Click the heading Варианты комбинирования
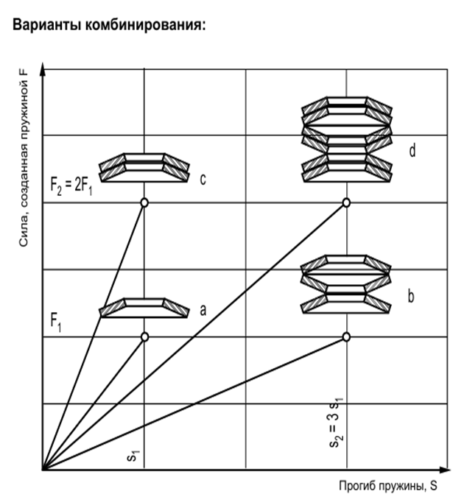(x=109, y=25)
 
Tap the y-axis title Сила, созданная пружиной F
(x=24, y=157)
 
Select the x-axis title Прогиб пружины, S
(x=388, y=485)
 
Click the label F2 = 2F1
(x=71, y=186)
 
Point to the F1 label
(x=56, y=323)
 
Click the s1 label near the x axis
(x=133, y=455)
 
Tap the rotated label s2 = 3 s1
(x=335, y=422)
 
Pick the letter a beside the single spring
(x=203, y=310)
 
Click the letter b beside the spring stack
(x=411, y=296)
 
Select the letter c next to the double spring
(x=203, y=179)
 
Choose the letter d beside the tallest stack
(x=412, y=150)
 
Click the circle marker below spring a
(x=144, y=336)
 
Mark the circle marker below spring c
(x=144, y=202)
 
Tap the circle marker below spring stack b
(x=346, y=336)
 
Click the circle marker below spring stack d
(x=346, y=202)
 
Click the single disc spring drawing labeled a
(x=144, y=308)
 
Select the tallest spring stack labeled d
(x=347, y=140)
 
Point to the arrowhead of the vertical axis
(x=43, y=65)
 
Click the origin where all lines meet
(x=43, y=470)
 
